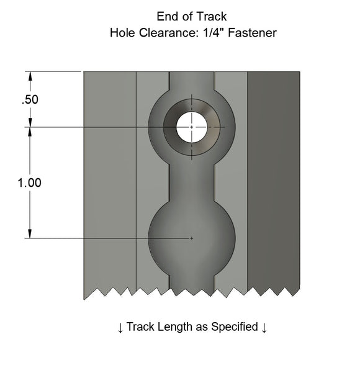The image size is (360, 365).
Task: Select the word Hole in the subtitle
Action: coord(122,32)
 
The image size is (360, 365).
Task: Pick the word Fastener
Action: coord(251,32)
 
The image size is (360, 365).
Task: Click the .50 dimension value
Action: coord(30,100)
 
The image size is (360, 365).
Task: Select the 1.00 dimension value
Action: coord(30,183)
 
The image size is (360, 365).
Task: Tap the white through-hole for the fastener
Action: coord(192,127)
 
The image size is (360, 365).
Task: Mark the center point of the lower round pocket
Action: coord(192,238)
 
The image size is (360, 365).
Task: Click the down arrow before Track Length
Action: coord(120,327)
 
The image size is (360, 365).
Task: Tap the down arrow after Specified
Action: coord(264,327)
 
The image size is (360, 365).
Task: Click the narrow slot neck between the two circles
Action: coord(192,180)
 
